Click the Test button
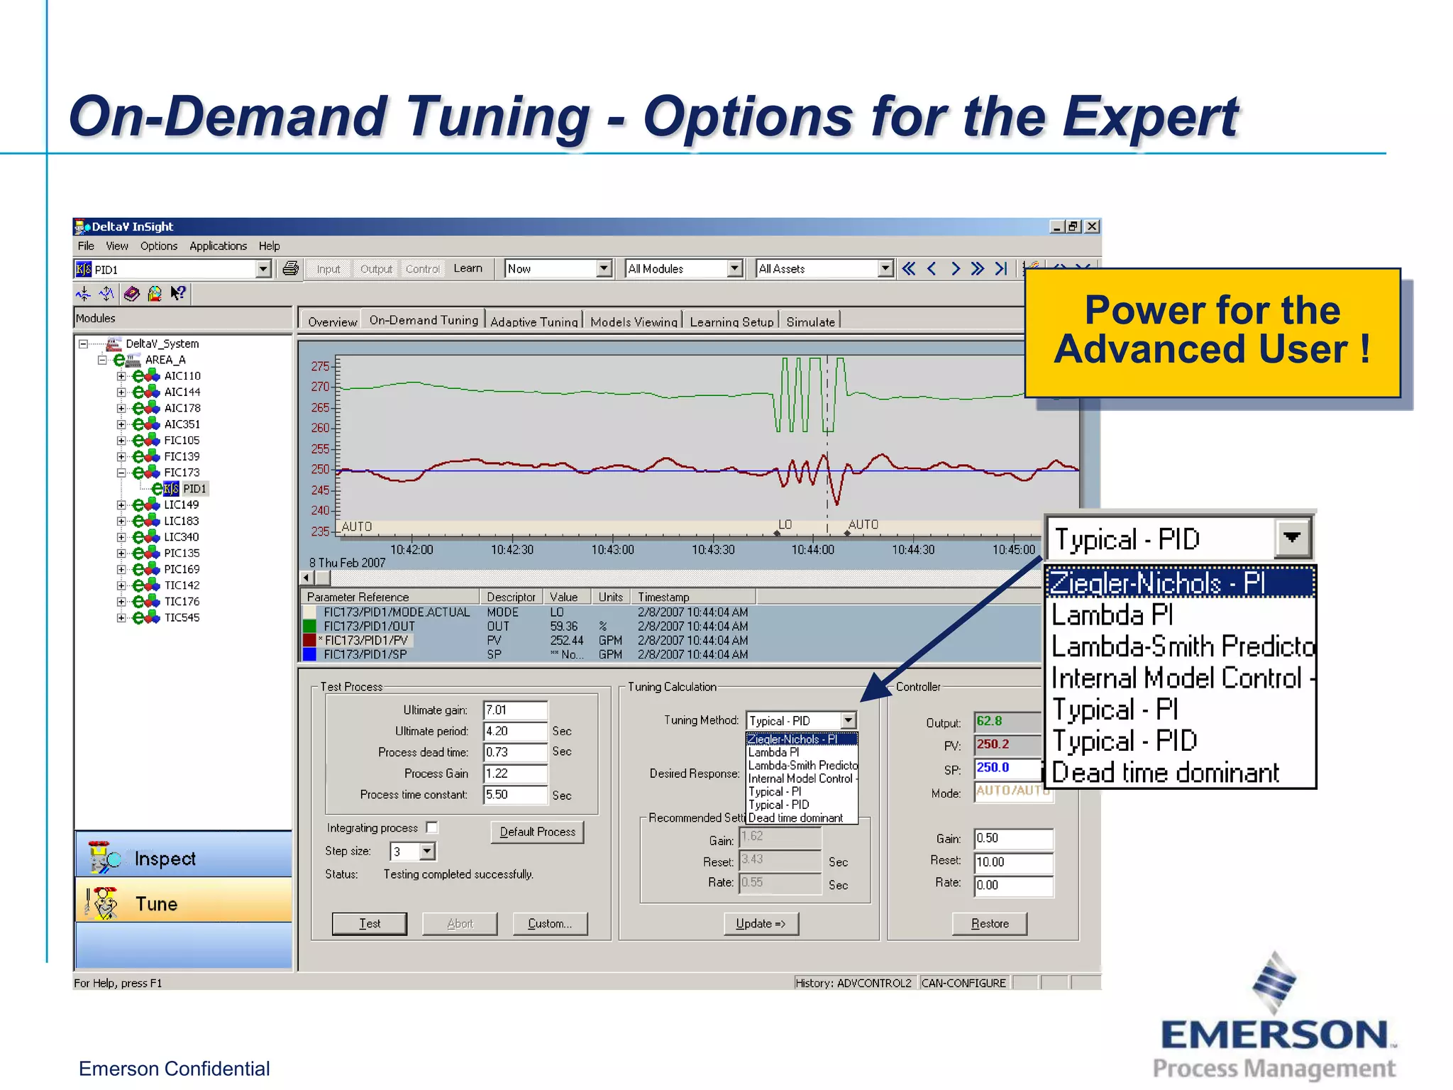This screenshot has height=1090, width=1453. [369, 923]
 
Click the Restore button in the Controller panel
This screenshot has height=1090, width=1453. [989, 923]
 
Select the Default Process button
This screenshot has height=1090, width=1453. [537, 832]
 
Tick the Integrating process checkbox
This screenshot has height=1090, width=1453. [432, 827]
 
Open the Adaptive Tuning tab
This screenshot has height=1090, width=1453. [534, 321]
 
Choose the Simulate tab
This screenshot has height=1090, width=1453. [810, 321]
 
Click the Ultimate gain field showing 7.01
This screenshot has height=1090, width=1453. [514, 710]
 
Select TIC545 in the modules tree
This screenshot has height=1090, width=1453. [182, 617]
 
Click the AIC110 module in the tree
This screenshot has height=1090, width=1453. [182, 376]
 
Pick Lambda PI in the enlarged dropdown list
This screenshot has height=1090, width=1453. [1112, 615]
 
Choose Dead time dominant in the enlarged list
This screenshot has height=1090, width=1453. [1165, 772]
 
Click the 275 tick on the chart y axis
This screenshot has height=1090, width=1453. [320, 366]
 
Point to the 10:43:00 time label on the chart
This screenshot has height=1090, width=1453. [612, 550]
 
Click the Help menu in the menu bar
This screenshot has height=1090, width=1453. [269, 246]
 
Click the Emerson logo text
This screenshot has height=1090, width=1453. [1274, 1035]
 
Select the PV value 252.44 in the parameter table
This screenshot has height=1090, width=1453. [567, 640]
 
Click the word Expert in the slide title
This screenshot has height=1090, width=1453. [1150, 117]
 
